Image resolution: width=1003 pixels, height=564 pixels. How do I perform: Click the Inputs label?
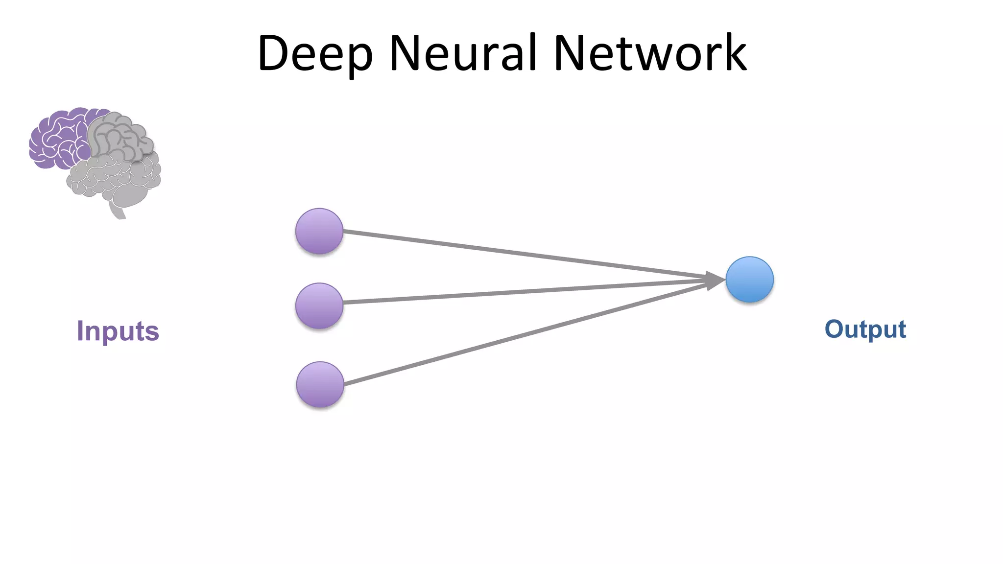(x=118, y=331)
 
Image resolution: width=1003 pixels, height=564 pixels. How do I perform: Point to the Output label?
(x=865, y=329)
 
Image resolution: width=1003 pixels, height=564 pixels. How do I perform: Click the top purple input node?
(x=319, y=231)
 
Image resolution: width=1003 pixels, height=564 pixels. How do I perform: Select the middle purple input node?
(x=319, y=305)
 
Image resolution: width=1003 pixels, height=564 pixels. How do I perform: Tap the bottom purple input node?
(x=320, y=384)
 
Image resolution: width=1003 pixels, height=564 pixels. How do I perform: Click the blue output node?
(x=749, y=280)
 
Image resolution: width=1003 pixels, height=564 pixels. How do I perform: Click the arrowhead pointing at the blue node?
(x=715, y=280)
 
